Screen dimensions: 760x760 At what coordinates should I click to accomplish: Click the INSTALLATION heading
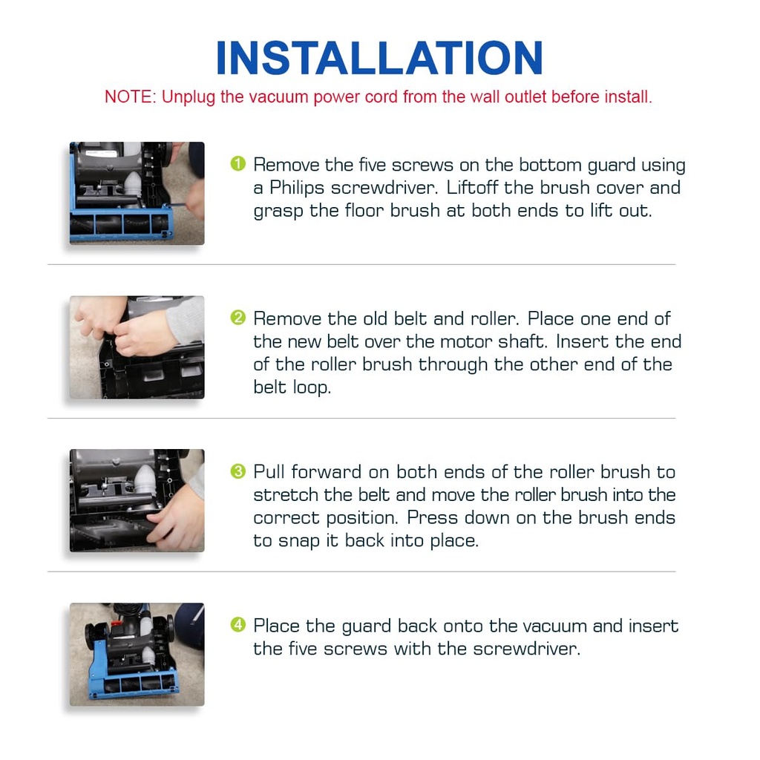coord(379,58)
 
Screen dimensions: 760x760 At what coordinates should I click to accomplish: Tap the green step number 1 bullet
coord(237,163)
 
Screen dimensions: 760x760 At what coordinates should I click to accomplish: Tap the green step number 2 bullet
coord(237,318)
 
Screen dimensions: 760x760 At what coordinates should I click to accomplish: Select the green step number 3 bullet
coord(237,471)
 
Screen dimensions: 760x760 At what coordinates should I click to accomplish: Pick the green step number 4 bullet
coord(237,624)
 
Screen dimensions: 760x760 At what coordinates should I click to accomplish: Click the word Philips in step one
coord(296,188)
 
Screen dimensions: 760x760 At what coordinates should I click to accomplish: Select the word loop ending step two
coord(311,387)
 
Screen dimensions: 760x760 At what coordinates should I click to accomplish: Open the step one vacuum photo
coord(137,193)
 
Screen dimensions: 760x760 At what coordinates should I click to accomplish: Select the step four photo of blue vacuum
coord(137,653)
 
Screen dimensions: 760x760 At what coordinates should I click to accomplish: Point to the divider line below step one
coord(361,264)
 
